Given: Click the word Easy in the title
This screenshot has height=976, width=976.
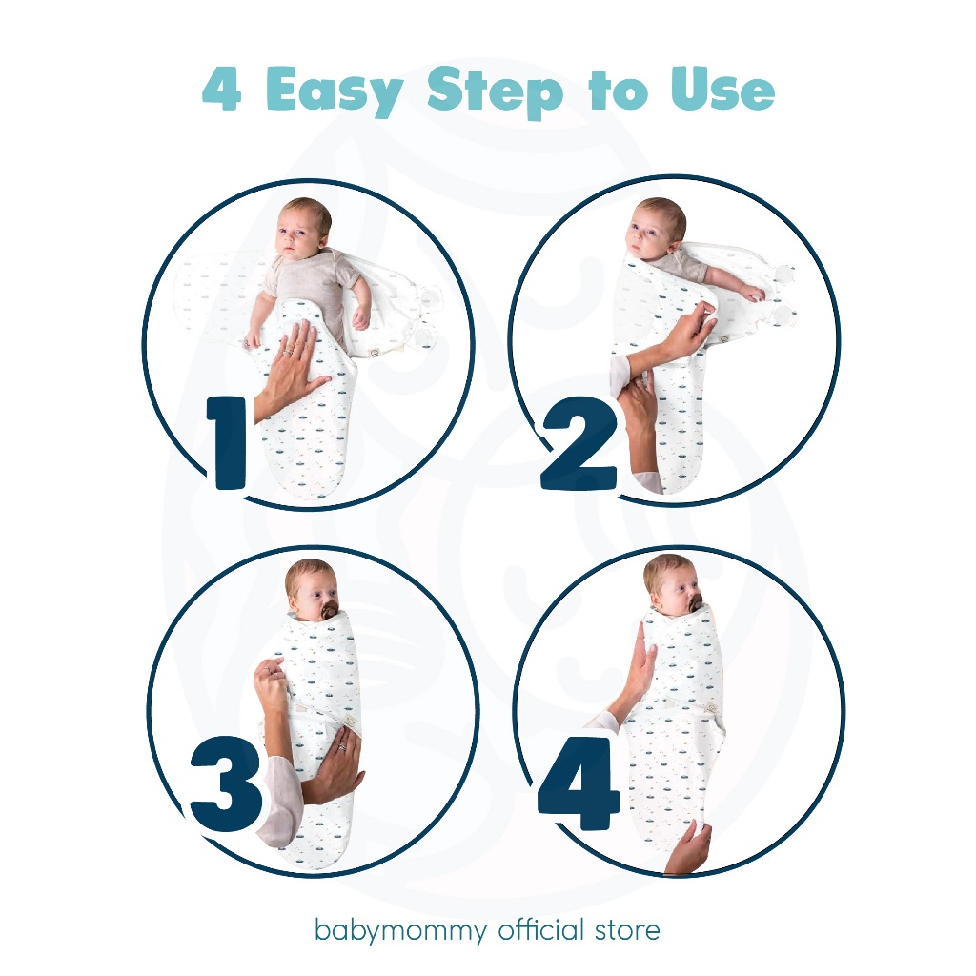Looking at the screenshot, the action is tap(335, 91).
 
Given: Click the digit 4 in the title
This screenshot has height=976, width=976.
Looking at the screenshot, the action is tap(221, 89).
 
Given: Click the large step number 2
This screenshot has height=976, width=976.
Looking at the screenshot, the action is tap(579, 443).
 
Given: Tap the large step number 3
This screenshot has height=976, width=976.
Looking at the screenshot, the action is tap(227, 783).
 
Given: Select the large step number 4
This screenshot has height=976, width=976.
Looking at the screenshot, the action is tap(579, 783).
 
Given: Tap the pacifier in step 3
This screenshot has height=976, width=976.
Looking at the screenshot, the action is tap(329, 611).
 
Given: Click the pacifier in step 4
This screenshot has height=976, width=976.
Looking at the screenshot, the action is tap(695, 602).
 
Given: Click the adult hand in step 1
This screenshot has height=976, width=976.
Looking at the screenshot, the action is tap(292, 367).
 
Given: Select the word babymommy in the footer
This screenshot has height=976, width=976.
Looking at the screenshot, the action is tap(401, 931).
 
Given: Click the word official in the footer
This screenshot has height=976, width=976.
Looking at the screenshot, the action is tap(541, 929).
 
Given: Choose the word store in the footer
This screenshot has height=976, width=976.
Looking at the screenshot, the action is tap(627, 930).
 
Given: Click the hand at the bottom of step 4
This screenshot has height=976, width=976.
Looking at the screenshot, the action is tap(689, 847).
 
